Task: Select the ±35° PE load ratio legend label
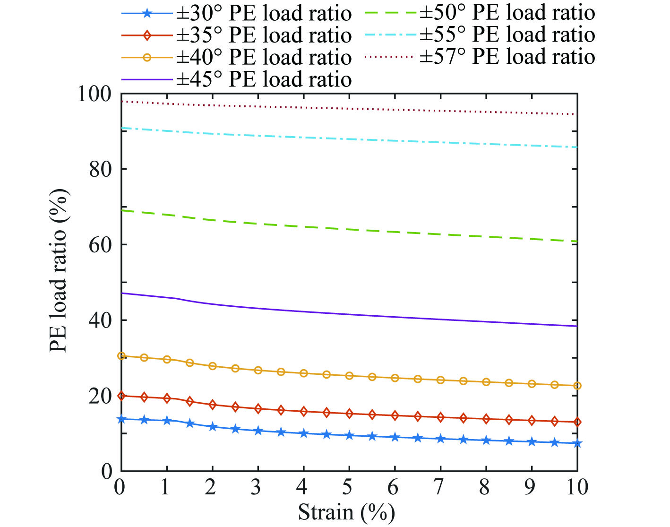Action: (x=264, y=35)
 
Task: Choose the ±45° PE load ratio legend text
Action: (x=264, y=79)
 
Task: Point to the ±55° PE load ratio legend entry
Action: (x=507, y=35)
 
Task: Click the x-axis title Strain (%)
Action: (x=346, y=512)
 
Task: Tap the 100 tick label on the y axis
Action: (x=95, y=94)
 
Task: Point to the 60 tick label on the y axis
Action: (x=101, y=245)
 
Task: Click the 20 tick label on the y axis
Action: (x=101, y=396)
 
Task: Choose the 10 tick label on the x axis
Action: (x=576, y=487)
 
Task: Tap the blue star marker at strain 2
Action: (x=212, y=427)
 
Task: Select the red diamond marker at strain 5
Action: (x=349, y=414)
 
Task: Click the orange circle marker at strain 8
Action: (x=486, y=382)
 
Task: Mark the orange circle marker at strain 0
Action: (x=121, y=356)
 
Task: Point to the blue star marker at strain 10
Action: (x=577, y=443)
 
